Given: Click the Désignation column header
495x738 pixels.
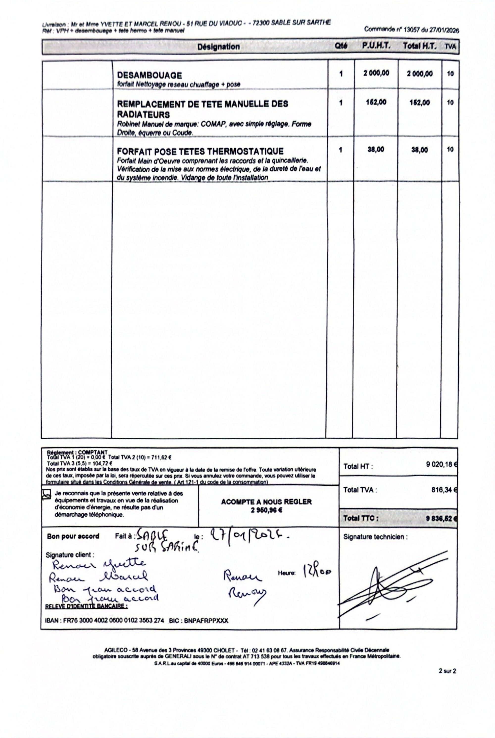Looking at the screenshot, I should [219, 47].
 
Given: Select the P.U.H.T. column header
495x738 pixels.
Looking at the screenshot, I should [376, 46].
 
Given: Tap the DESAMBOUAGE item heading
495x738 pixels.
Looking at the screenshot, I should [149, 76].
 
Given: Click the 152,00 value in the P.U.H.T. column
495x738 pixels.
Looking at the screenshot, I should [376, 102].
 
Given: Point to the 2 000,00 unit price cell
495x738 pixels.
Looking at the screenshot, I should [376, 73].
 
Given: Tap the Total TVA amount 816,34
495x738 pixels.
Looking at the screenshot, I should [443, 490].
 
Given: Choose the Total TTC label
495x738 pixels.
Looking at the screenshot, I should [361, 518].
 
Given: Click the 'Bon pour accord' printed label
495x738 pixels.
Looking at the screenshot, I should [73, 536].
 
